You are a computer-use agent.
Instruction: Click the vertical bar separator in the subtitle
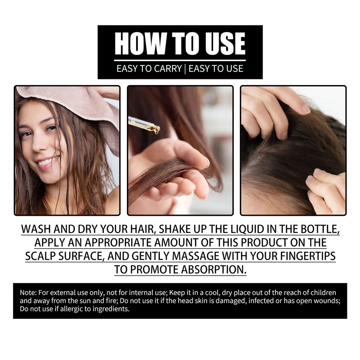click(x=185, y=68)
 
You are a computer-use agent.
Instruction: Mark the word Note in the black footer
click(x=26, y=292)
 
